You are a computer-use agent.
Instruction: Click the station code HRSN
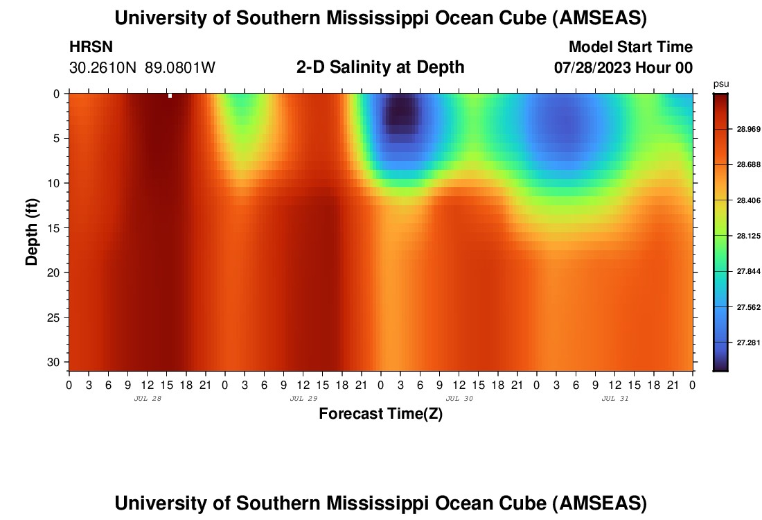pyautogui.click(x=91, y=47)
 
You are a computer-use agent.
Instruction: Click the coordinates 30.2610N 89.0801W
pyautogui.click(x=143, y=68)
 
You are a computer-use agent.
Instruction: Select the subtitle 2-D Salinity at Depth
pyautogui.click(x=380, y=67)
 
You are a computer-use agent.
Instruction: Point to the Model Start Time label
pyautogui.click(x=630, y=47)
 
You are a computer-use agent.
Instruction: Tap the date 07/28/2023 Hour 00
pyautogui.click(x=623, y=68)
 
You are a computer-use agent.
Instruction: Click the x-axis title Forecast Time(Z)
pyautogui.click(x=380, y=414)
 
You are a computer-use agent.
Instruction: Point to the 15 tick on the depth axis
pyautogui.click(x=55, y=227)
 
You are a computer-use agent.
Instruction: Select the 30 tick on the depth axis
pyautogui.click(x=55, y=362)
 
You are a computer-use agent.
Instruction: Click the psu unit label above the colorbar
pyautogui.click(x=721, y=84)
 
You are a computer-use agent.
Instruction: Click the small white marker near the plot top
pyautogui.click(x=170, y=96)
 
